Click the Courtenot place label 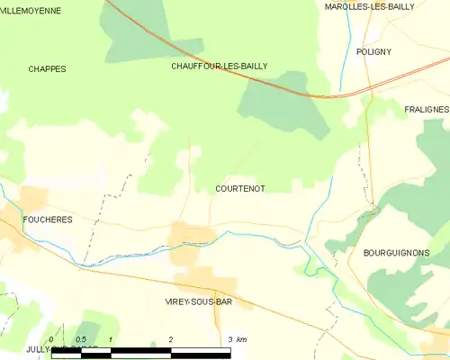(x=240, y=189)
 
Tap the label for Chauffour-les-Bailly (x=220, y=66)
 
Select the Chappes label (x=47, y=68)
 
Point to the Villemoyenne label (x=30, y=11)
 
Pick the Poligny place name (x=373, y=51)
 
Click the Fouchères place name (x=48, y=219)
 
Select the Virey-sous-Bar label (x=199, y=301)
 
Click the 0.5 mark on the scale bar (x=80, y=338)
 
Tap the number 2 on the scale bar (x=171, y=338)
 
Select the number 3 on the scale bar (x=230, y=338)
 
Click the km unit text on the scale (x=242, y=338)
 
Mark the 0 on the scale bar (x=51, y=338)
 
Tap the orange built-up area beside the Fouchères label (x=34, y=200)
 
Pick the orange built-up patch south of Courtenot (x=191, y=238)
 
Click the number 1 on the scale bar (x=110, y=338)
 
